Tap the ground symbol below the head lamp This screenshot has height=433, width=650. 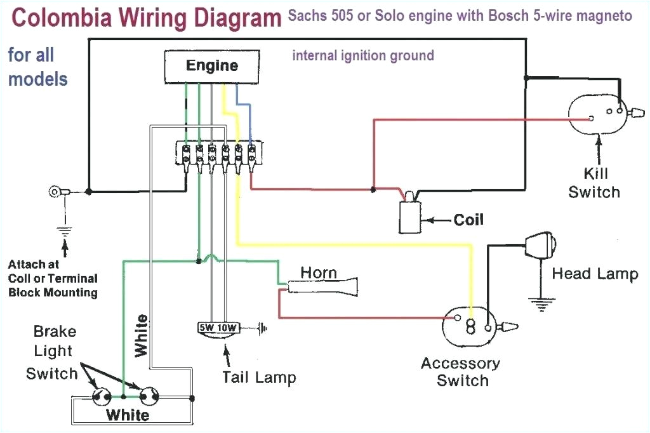pyautogui.click(x=541, y=305)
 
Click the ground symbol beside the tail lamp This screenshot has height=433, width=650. pyautogui.click(x=261, y=329)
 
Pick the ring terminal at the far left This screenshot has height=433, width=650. pyautogui.click(x=56, y=191)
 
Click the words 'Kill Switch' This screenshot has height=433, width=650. pyautogui.click(x=595, y=183)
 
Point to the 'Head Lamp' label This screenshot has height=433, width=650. pyautogui.click(x=595, y=274)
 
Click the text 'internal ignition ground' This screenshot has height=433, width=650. pyautogui.click(x=362, y=56)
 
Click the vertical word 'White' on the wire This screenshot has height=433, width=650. pyautogui.click(x=141, y=335)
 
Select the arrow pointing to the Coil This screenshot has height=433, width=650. pyautogui.click(x=438, y=220)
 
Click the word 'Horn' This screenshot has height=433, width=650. pyautogui.click(x=319, y=272)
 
